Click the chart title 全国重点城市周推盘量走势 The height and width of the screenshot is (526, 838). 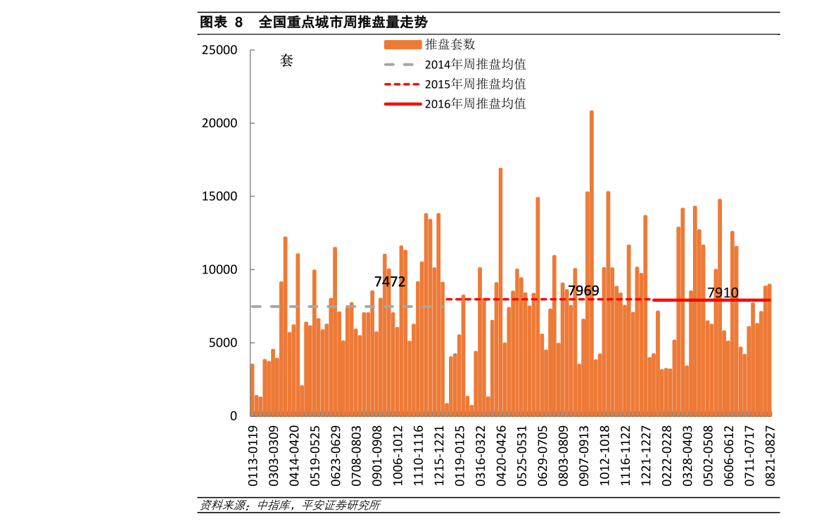(x=343, y=23)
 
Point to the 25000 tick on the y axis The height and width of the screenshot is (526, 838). (x=219, y=50)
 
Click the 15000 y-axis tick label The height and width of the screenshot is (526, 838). (x=219, y=196)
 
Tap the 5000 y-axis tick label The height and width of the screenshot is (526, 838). (x=223, y=343)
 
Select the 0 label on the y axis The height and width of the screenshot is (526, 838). (x=234, y=416)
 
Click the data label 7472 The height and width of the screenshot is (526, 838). (x=390, y=281)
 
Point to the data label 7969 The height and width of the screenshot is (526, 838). (x=583, y=290)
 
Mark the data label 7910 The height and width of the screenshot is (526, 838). (x=723, y=293)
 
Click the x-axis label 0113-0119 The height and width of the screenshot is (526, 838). (x=253, y=456)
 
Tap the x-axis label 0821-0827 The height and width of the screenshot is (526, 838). (x=770, y=456)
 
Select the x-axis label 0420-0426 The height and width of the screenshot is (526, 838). (x=501, y=456)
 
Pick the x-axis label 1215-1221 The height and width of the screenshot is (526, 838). (x=439, y=456)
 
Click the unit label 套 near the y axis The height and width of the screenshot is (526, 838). (x=286, y=61)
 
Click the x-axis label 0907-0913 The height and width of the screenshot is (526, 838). (x=583, y=456)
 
